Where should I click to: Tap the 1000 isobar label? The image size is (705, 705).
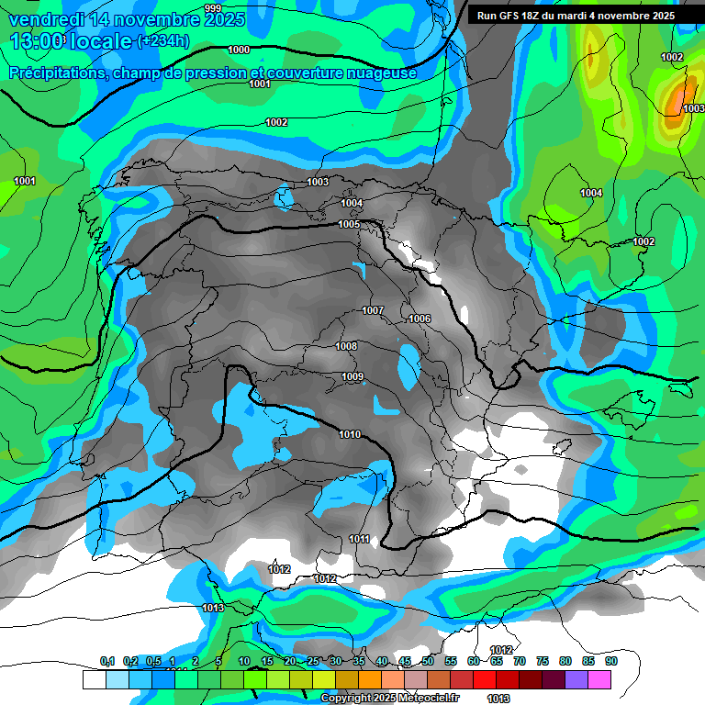(238, 50)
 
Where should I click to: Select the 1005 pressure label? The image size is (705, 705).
(349, 224)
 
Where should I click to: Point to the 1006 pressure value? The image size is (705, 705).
(420, 319)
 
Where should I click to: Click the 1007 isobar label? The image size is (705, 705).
(373, 310)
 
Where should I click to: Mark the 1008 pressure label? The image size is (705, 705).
(346, 346)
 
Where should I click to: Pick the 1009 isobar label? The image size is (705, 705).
(352, 376)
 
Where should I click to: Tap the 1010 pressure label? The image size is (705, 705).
(350, 434)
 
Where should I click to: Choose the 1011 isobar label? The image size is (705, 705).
(359, 539)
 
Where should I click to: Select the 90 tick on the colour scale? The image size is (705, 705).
(610, 661)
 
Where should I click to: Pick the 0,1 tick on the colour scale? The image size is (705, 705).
(107, 661)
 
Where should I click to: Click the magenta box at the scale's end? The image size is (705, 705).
(599, 680)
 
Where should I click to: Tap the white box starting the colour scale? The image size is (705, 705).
(94, 680)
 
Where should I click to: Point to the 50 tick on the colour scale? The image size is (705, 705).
(428, 661)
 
